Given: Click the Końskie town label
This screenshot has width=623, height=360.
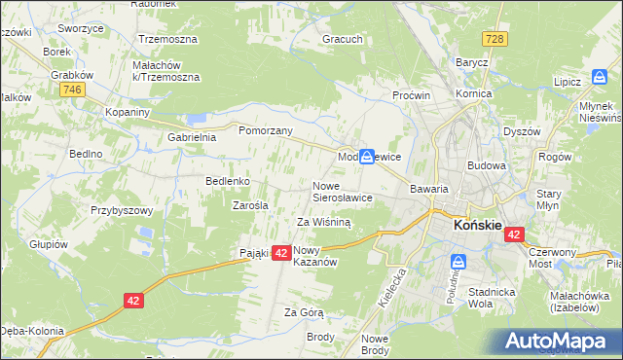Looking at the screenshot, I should point(477,226).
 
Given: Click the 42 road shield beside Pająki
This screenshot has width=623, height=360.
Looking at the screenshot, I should point(279,253).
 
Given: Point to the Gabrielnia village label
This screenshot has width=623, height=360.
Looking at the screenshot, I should point(191,137).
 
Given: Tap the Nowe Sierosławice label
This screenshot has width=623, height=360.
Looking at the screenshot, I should point(342,192).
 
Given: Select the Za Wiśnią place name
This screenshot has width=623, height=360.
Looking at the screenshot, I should point(322,222).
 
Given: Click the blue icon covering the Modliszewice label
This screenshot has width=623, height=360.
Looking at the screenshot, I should point(367,156).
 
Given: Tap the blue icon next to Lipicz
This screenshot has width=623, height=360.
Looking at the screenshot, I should point(600,77).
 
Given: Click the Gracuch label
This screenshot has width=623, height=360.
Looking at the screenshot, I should point(343,40).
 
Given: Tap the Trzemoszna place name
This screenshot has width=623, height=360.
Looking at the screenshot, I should point(167,40).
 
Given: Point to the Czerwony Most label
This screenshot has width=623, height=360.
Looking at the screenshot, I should point(553,257).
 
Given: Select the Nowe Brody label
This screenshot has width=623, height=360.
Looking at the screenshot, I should point(375,343).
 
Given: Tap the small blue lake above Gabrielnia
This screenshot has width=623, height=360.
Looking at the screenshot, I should point(199,119).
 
